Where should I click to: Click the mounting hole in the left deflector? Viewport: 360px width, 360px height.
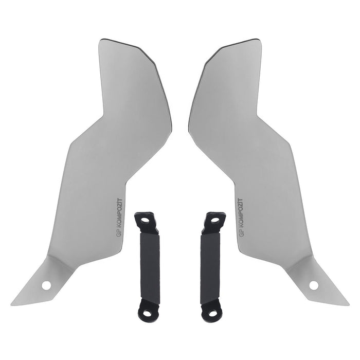click(x=46, y=285)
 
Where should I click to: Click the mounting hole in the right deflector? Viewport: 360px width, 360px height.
click(x=314, y=285)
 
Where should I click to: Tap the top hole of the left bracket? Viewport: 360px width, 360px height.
click(x=145, y=221)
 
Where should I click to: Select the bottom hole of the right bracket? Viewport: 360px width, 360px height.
click(x=213, y=313)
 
